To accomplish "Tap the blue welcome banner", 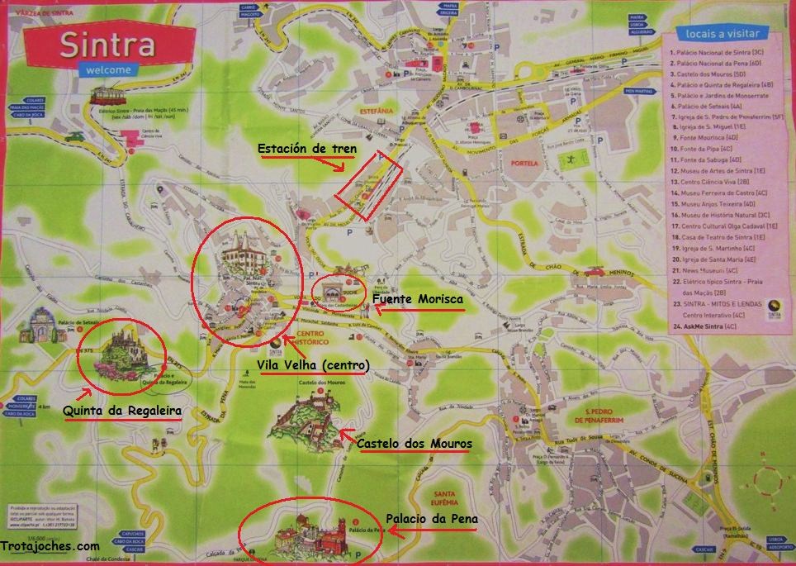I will click(x=107, y=71).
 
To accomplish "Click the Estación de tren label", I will click(x=306, y=150).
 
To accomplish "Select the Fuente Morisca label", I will click(x=417, y=299).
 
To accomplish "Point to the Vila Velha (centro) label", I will click(x=314, y=364).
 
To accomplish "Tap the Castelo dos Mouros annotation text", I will click(x=415, y=445).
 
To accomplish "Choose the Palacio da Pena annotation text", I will click(x=432, y=519).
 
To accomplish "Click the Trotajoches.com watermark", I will click(x=51, y=546).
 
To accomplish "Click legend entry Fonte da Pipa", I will click(x=711, y=149).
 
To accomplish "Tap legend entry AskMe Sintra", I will click(x=710, y=326).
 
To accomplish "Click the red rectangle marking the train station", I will click(x=369, y=186).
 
